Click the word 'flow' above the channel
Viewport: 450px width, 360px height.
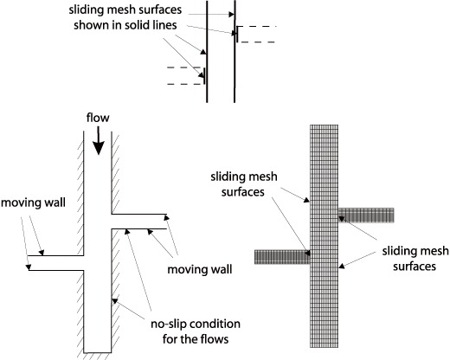[98, 118]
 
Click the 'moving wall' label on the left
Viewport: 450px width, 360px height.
[33, 202]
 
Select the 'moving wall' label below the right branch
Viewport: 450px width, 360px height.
[200, 269]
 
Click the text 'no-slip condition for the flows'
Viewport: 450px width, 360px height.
[196, 331]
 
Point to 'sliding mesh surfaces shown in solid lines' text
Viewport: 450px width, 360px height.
[125, 17]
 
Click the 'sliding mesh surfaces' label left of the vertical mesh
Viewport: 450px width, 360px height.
[244, 184]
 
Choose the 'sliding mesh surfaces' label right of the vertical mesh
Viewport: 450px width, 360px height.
[415, 259]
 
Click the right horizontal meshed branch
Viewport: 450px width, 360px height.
[366, 215]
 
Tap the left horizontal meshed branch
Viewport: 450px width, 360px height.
[282, 257]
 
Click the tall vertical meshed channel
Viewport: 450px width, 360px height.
[324, 236]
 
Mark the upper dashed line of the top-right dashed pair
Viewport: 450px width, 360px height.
[257, 27]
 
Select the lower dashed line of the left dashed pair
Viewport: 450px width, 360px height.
[184, 84]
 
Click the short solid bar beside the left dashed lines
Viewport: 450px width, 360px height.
[204, 76]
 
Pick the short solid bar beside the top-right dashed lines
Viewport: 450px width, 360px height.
[237, 34]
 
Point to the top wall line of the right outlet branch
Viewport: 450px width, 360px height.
[139, 214]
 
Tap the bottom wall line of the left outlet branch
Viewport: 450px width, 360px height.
[56, 270]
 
